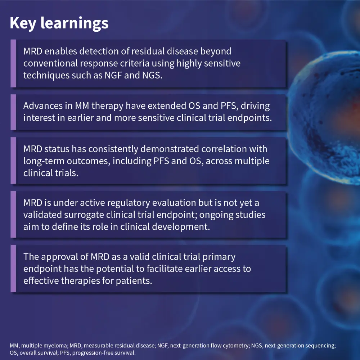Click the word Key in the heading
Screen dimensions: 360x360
23,23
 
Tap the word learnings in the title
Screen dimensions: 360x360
75,23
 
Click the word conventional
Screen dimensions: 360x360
50,63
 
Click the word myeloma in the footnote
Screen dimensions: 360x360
56,346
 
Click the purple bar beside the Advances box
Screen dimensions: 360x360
13,112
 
